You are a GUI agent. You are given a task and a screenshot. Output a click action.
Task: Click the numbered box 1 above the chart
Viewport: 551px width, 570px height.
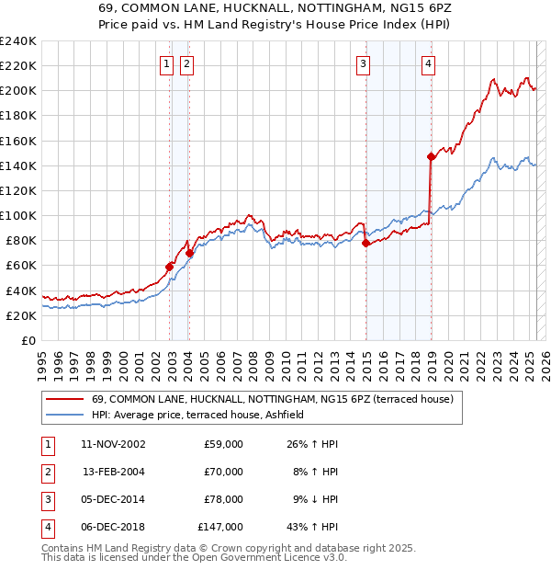click(x=166, y=63)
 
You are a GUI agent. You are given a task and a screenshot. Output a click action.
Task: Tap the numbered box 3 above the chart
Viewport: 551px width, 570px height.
click(x=364, y=63)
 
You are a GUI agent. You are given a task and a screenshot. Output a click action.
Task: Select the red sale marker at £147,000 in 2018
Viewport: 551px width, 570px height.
click(x=431, y=156)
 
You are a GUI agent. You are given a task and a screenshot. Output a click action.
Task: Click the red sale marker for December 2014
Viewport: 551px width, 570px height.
click(x=365, y=244)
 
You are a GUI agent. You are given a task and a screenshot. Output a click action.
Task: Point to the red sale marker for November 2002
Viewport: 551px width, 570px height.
click(x=170, y=267)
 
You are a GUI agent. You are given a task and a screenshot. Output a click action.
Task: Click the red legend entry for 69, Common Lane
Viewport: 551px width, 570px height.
click(x=273, y=400)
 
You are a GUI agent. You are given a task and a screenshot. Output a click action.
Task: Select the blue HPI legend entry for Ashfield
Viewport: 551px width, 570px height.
click(x=204, y=415)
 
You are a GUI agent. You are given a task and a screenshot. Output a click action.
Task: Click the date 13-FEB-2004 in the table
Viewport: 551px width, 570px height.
click(x=114, y=472)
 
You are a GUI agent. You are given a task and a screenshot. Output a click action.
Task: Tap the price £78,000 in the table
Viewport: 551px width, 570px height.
click(x=220, y=499)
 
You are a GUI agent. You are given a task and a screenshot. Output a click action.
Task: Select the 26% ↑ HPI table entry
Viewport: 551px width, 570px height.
click(x=312, y=444)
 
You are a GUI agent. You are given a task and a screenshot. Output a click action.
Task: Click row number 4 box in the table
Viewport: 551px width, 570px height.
click(x=47, y=527)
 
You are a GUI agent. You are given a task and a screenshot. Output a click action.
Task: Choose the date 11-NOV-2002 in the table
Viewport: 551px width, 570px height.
click(x=114, y=444)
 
